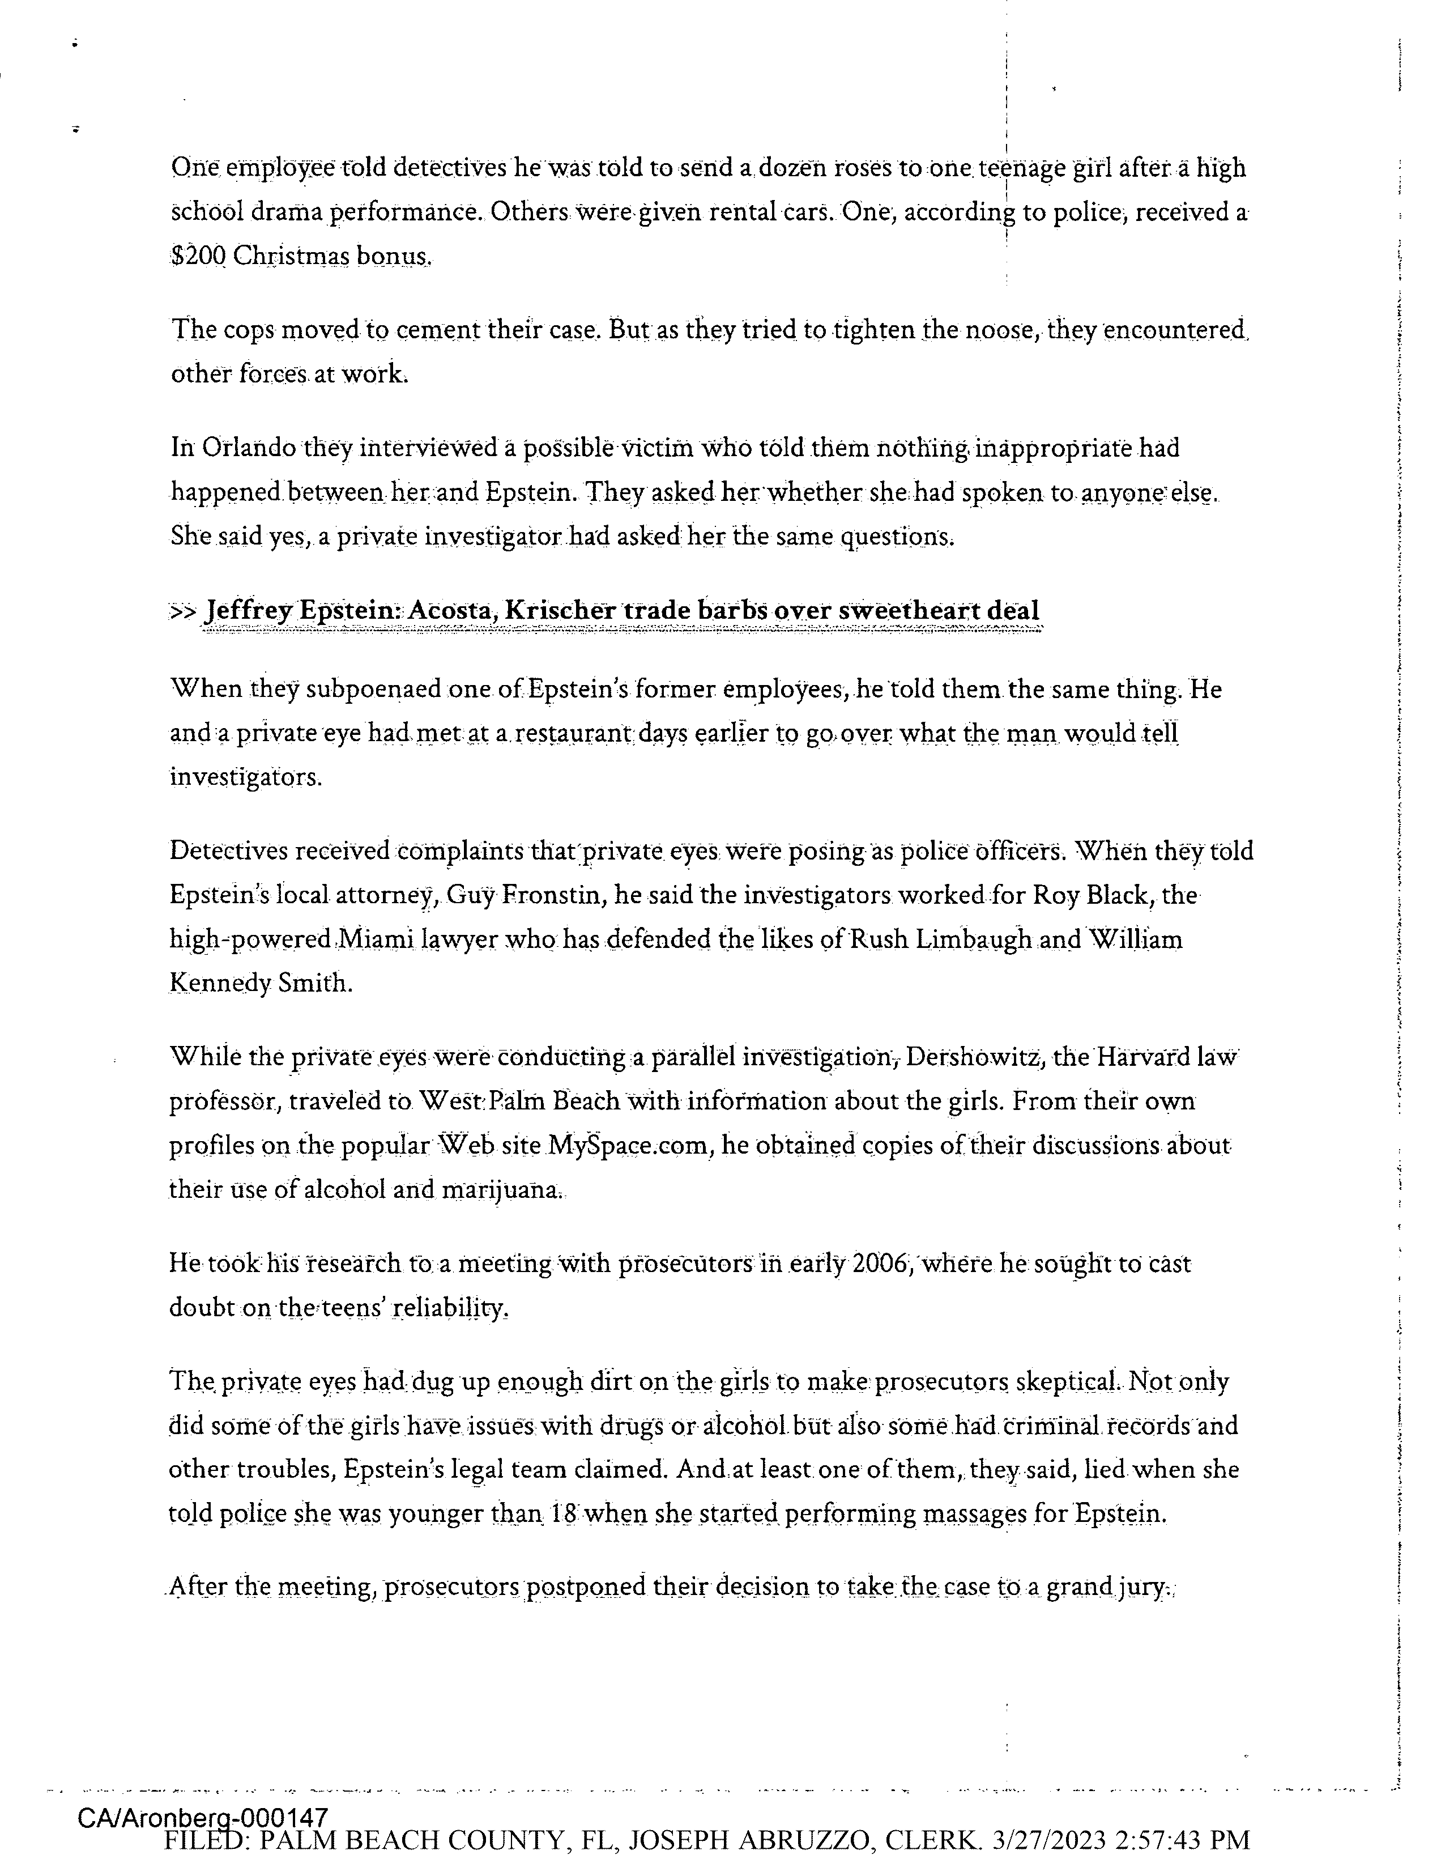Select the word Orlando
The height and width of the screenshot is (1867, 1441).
[x=249, y=448]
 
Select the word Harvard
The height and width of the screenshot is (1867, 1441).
[x=1144, y=1058]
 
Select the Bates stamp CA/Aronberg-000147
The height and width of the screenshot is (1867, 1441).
[x=203, y=1817]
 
